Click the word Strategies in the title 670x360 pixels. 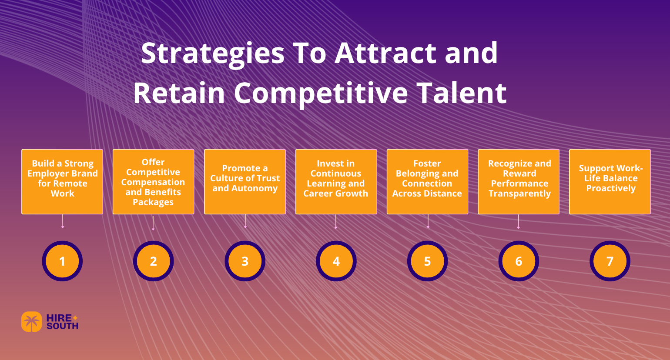click(212, 54)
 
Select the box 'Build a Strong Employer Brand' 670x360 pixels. click(62, 181)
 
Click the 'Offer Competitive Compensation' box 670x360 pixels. click(153, 181)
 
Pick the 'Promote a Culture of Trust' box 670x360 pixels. click(245, 181)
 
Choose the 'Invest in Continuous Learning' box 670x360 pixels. click(336, 181)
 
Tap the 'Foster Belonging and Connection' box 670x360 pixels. click(427, 181)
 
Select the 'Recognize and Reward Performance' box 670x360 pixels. click(519, 181)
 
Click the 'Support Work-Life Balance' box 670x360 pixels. click(610, 181)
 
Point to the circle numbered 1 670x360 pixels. click(62, 261)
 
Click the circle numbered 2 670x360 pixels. click(153, 261)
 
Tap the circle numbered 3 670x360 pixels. click(245, 261)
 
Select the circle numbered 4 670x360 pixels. click(336, 261)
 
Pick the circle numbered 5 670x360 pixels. click(427, 261)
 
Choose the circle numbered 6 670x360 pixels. click(519, 261)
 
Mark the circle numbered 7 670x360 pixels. click(610, 261)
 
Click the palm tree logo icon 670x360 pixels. click(32, 322)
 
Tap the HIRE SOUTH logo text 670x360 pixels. click(62, 322)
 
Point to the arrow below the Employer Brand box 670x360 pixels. click(63, 221)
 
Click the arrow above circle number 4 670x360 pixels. click(336, 221)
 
